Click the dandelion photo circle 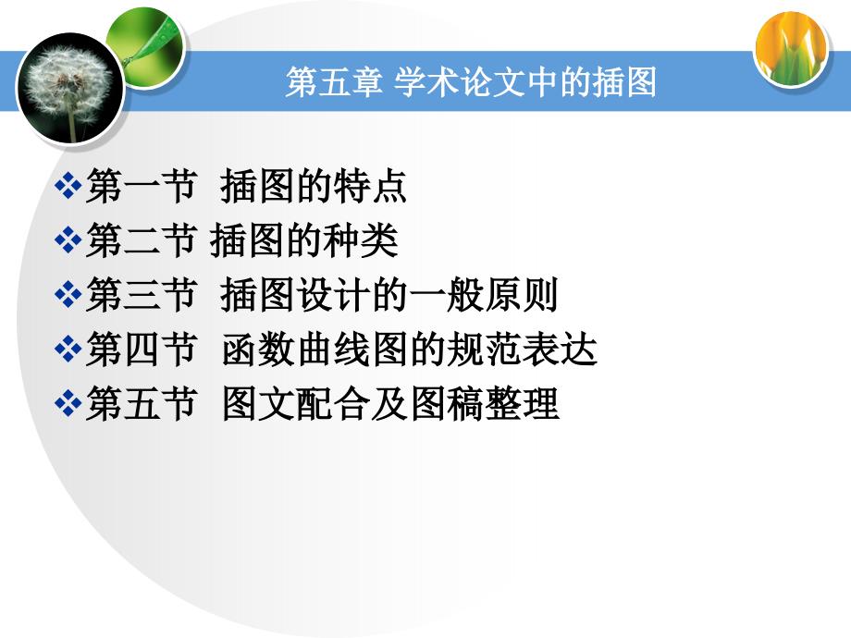[x=70, y=88]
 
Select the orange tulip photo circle [x=791, y=49]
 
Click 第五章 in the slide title [x=334, y=82]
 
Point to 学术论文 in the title [x=459, y=82]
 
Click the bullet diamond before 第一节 [x=68, y=186]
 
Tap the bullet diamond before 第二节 [x=68, y=240]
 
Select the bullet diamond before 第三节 [x=68, y=295]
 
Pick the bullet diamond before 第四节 [x=68, y=349]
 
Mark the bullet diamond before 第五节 [x=68, y=403]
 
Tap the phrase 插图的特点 [x=314, y=186]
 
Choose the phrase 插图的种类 [x=304, y=240]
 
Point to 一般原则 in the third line [x=484, y=295]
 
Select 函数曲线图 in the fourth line [x=314, y=349]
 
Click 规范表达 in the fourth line [x=521, y=349]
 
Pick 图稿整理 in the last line [x=485, y=403]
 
